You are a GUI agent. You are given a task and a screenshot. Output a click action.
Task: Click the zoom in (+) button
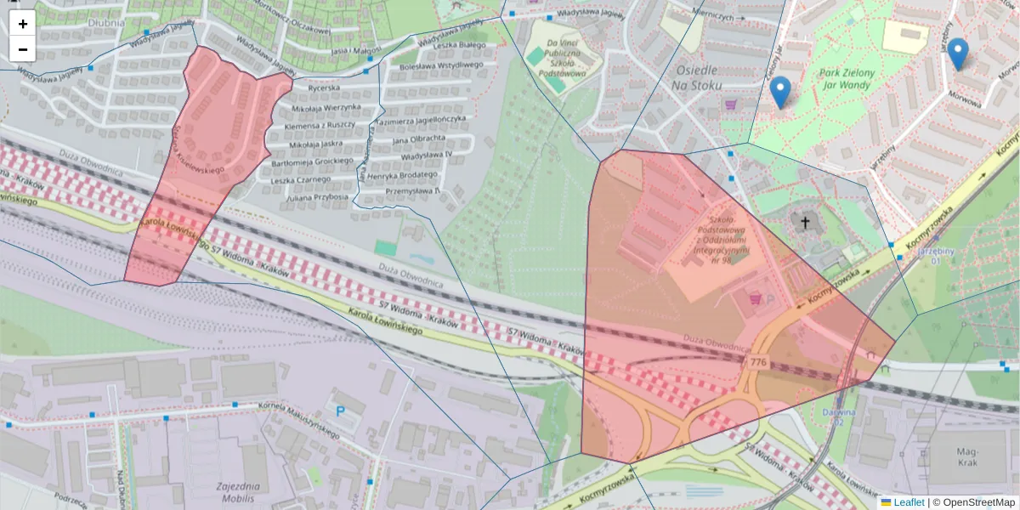click(23, 24)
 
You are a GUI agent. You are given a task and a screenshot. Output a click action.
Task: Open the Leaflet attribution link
click(909, 502)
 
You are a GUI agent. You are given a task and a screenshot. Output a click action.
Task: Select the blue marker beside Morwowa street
click(958, 54)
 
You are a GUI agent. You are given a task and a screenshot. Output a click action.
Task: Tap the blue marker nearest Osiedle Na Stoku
click(779, 92)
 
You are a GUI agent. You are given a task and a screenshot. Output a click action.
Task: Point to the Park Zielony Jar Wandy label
click(847, 79)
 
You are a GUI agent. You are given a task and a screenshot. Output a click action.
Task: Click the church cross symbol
click(804, 223)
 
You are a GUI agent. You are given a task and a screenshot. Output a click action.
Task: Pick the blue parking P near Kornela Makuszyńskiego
click(342, 411)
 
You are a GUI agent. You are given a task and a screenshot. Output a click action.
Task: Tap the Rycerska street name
click(324, 88)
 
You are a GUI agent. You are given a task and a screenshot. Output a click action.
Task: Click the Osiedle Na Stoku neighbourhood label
click(695, 77)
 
